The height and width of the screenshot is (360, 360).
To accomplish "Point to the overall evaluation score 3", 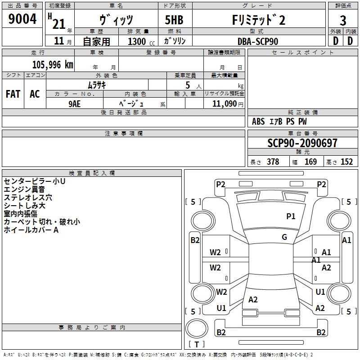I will point(343,20).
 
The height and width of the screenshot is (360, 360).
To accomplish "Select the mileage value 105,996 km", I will point(53,64).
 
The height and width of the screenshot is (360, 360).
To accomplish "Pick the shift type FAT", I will point(13,94).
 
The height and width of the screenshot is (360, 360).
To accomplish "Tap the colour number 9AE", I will point(75,103).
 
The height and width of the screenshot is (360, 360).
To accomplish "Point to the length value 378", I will point(273,162).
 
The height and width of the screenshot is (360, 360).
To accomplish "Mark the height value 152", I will point(346,162).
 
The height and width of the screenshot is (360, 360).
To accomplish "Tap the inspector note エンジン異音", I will point(24,189).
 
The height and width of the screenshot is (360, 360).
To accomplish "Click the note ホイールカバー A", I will point(31,230).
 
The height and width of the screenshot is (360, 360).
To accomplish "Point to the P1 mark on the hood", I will point(291,216).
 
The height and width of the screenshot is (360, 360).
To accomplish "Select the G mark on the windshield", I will point(284,237).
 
